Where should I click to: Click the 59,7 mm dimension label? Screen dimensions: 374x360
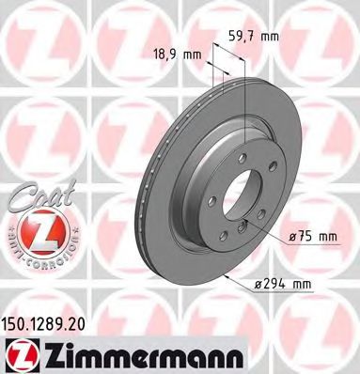coord(254,39)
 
